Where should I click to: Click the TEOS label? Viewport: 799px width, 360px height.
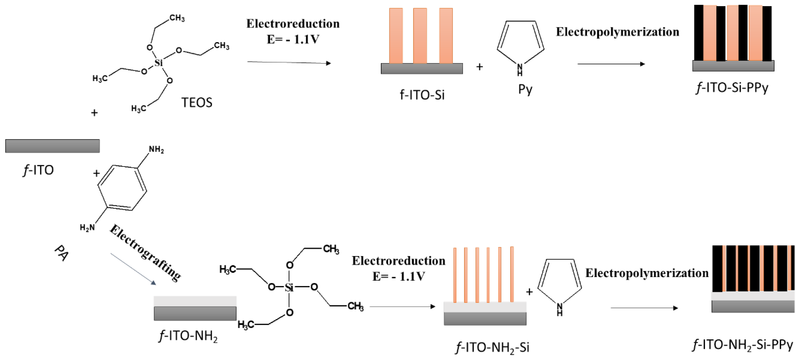197,102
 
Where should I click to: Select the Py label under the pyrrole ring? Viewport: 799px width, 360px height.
525,89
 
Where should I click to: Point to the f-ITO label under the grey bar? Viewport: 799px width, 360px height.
38,170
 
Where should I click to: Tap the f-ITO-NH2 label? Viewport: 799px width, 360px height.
188,336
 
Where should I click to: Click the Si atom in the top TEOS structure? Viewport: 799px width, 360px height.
159,63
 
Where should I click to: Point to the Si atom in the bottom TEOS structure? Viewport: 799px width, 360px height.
289,287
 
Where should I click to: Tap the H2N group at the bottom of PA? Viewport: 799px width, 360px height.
87,227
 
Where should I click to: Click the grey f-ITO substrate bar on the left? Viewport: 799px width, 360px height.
52,146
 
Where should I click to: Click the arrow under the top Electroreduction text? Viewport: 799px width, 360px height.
289,63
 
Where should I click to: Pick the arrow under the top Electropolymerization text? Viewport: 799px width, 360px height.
611,64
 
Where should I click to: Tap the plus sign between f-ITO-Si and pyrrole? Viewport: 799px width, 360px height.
479,67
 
